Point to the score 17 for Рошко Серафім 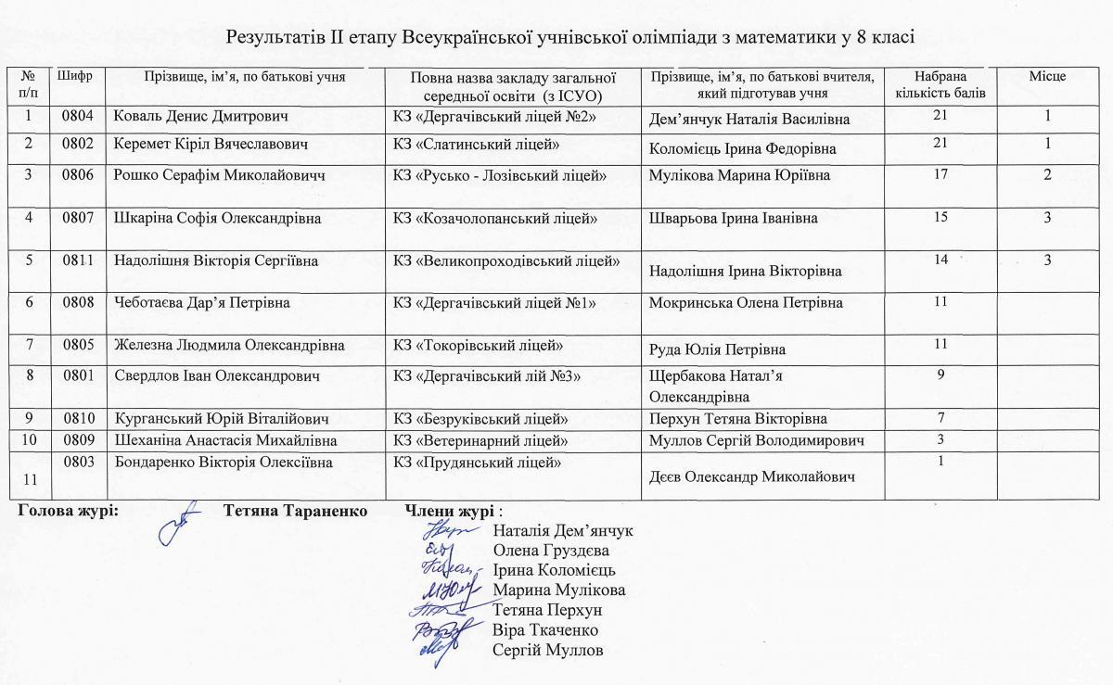click(x=942, y=174)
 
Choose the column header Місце click(x=1047, y=76)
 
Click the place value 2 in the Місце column click(x=1047, y=175)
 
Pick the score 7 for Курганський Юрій click(x=941, y=417)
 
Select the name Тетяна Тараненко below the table click(x=295, y=512)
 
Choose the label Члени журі click(x=451, y=512)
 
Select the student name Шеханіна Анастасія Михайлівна click(x=225, y=439)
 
